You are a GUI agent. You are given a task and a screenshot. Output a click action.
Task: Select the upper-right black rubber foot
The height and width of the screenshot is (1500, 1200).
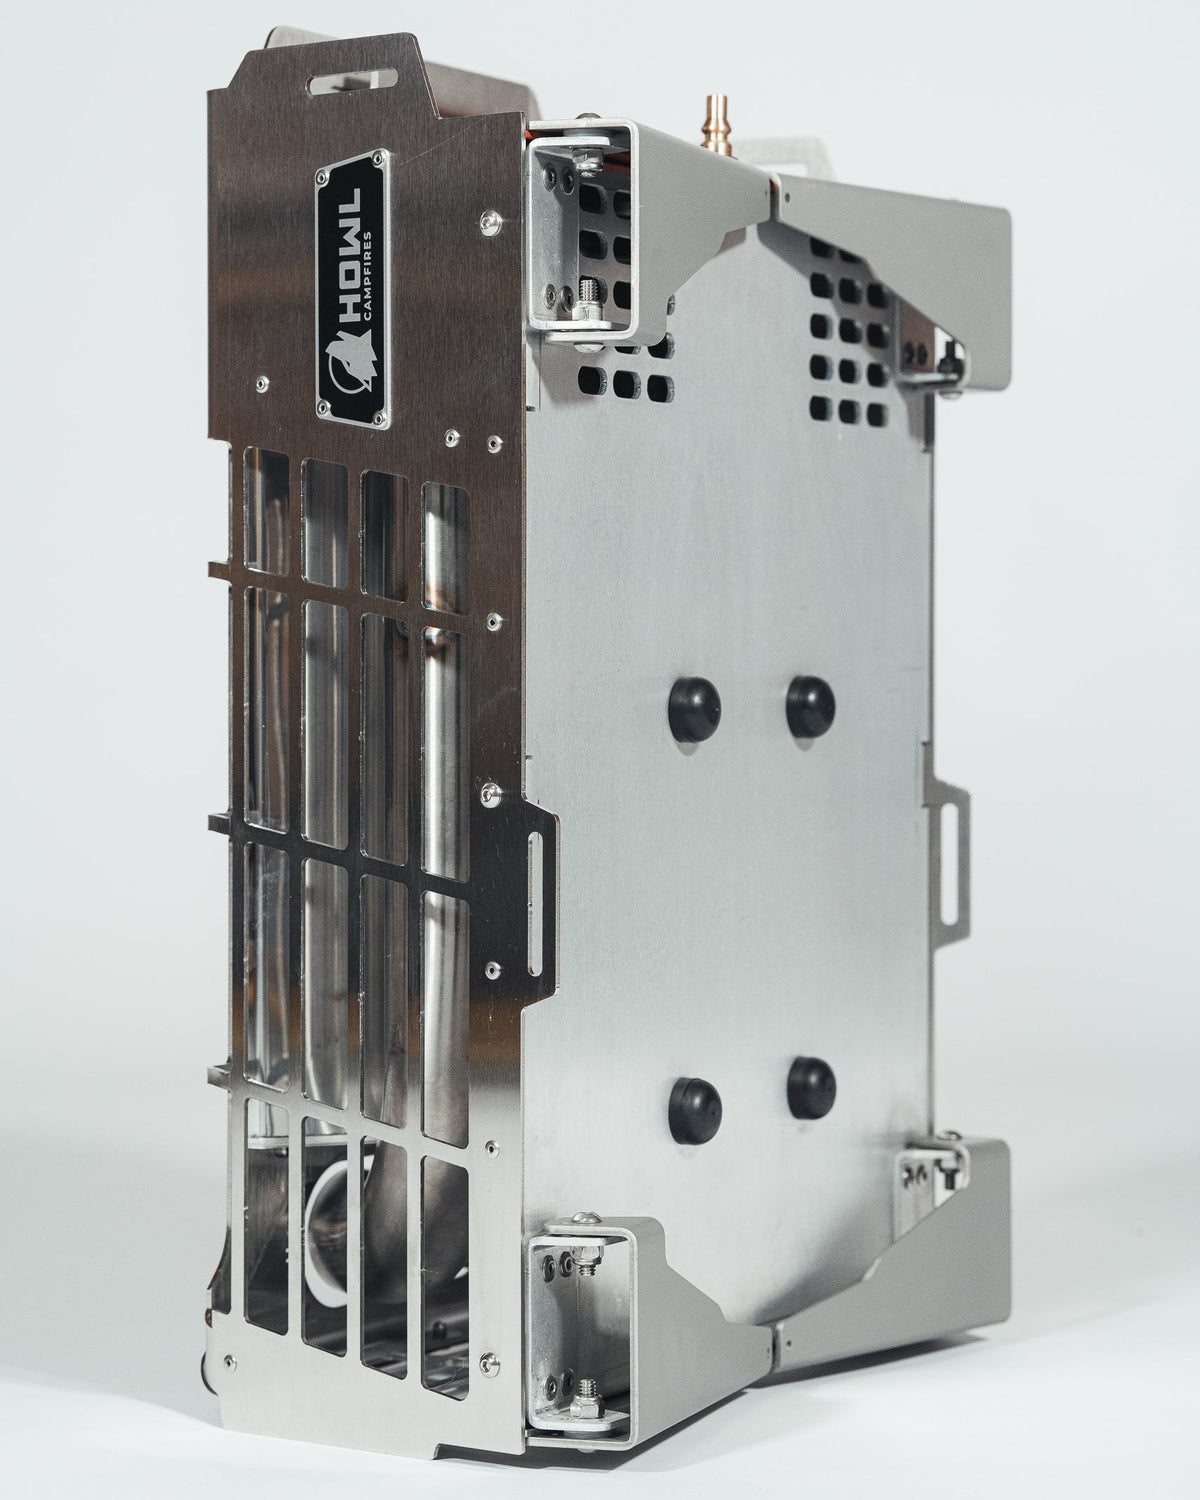coord(810,706)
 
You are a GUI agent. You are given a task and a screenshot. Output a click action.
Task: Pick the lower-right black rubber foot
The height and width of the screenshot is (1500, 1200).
coord(812,1089)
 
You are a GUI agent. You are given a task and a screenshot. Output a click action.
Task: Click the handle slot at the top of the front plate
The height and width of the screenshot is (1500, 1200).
coord(354,82)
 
